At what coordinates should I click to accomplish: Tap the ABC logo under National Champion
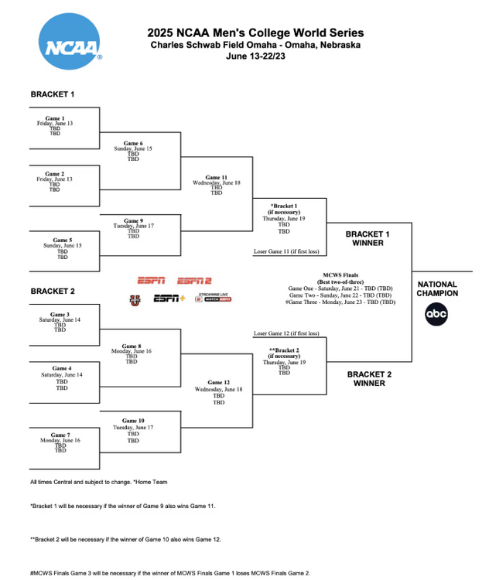[436, 314]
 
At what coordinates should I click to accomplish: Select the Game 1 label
[54, 118]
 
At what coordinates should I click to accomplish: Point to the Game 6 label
[133, 143]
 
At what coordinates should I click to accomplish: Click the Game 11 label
[216, 177]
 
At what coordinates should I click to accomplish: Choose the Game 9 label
[133, 220]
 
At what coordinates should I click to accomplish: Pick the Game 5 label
[63, 240]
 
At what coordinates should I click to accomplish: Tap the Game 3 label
[54, 314]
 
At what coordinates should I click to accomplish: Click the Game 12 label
[219, 383]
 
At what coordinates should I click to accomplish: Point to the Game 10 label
[133, 421]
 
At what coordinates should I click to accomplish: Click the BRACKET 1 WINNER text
[368, 238]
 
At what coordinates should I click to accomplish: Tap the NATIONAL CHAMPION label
[437, 288]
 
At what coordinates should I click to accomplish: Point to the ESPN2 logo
[194, 281]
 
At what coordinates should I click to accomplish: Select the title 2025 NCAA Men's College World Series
[255, 33]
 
